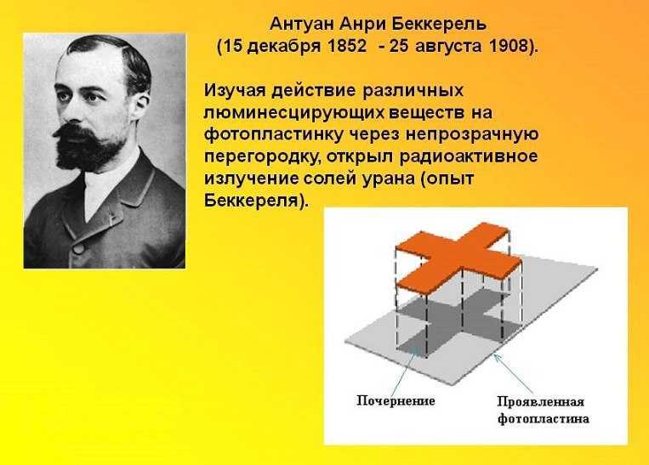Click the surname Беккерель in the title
click(x=439, y=24)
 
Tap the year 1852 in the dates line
click(x=347, y=46)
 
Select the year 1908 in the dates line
click(x=510, y=46)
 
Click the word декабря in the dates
click(x=285, y=47)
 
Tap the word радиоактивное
click(x=469, y=156)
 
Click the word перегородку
click(x=263, y=157)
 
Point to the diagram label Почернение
click(x=396, y=401)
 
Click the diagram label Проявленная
click(x=541, y=402)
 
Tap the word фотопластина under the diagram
click(x=543, y=418)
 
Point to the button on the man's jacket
click(x=78, y=248)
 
